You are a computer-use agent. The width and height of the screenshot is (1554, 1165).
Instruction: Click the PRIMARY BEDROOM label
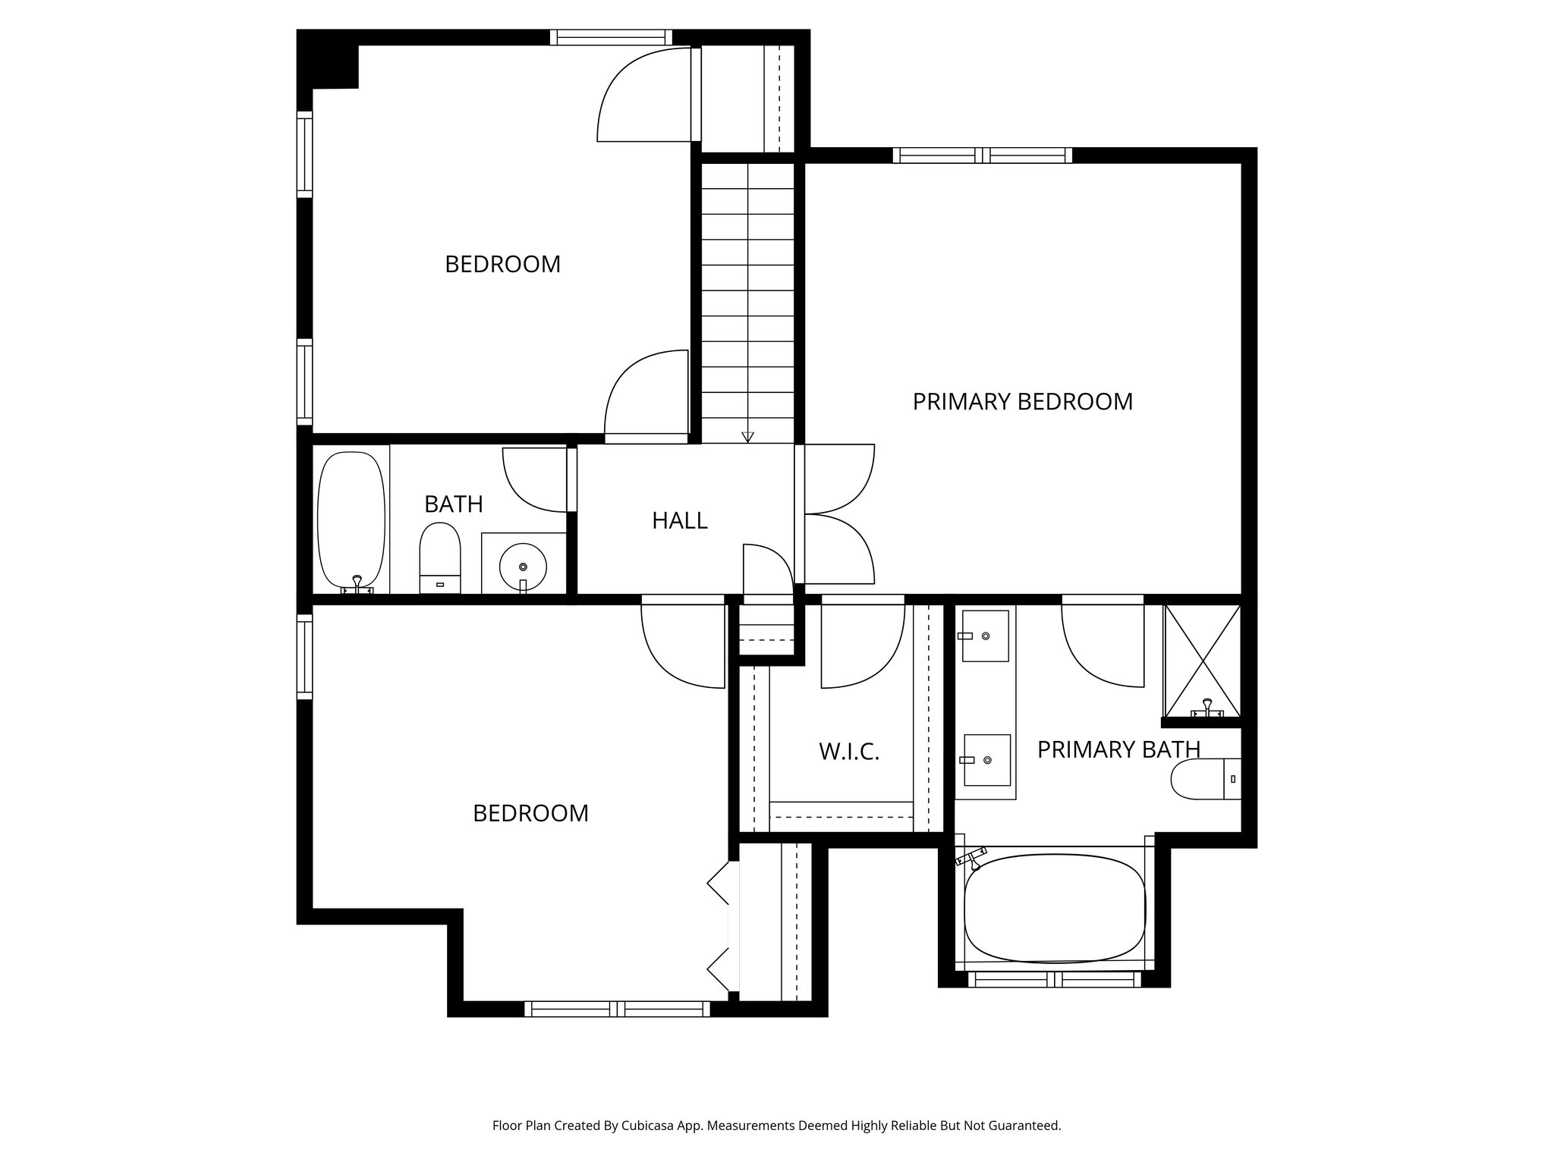click(x=1022, y=401)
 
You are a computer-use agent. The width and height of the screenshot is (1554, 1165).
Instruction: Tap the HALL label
click(x=679, y=520)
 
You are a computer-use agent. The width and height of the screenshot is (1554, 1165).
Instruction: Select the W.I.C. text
click(x=848, y=752)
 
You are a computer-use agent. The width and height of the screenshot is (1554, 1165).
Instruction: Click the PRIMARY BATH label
click(x=1118, y=749)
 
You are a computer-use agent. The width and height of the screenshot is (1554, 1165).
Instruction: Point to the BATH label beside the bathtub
click(x=453, y=504)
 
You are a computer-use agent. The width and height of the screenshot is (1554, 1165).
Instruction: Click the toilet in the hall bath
click(x=440, y=557)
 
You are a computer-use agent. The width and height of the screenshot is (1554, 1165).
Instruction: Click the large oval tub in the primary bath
click(x=1054, y=908)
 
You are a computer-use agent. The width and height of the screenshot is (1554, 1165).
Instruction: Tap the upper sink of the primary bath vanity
click(x=985, y=636)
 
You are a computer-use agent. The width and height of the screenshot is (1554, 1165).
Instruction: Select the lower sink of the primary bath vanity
click(x=986, y=760)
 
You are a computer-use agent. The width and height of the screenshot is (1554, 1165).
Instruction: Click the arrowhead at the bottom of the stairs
click(x=747, y=437)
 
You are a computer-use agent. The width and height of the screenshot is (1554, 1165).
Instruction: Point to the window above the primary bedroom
click(x=983, y=155)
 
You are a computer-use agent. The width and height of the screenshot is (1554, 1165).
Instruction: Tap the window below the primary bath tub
click(x=1055, y=979)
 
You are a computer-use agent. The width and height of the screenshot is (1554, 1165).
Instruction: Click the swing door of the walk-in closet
click(x=863, y=646)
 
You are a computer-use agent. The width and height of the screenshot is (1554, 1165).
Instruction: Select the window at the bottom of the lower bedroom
click(x=617, y=1009)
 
